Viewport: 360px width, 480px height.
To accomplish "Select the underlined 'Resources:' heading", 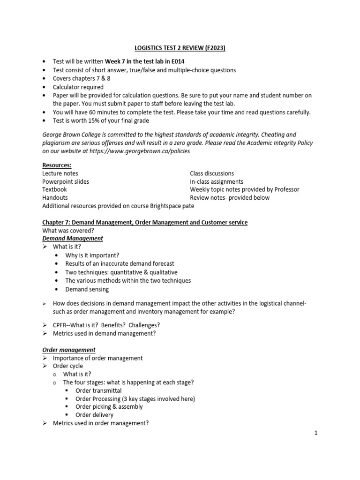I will click(x=56, y=165).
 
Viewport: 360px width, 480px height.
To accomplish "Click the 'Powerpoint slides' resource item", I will click(x=66, y=181).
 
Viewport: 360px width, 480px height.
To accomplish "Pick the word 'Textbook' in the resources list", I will click(x=55, y=189).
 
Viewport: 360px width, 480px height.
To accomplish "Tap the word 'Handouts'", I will click(x=55, y=197).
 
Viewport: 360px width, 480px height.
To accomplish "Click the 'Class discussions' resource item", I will click(x=212, y=173).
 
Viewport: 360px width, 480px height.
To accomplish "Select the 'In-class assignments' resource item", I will click(x=217, y=181).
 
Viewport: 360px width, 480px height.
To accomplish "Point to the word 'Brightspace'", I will click(x=167, y=206).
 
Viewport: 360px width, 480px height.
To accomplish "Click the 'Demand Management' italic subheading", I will click(x=73, y=239).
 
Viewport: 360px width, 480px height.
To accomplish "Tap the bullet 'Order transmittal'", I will click(x=98, y=390).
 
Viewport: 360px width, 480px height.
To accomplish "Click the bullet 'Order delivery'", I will click(x=94, y=415).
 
